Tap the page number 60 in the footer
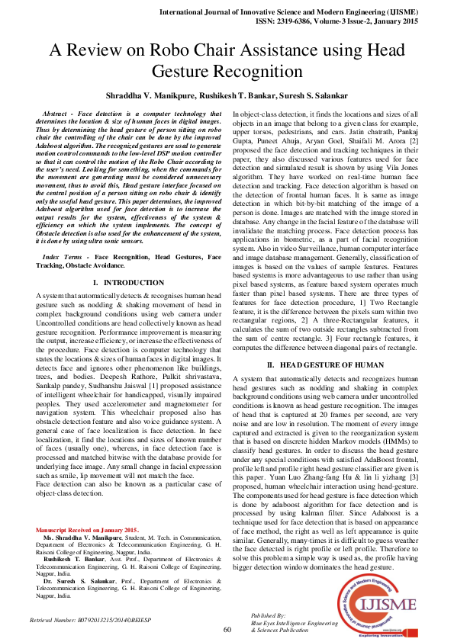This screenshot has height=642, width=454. pyautogui.click(x=227, y=630)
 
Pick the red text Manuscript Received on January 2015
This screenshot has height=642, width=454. pyautogui.click(x=87, y=529)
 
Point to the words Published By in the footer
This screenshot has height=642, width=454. pyautogui.click(x=268, y=614)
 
